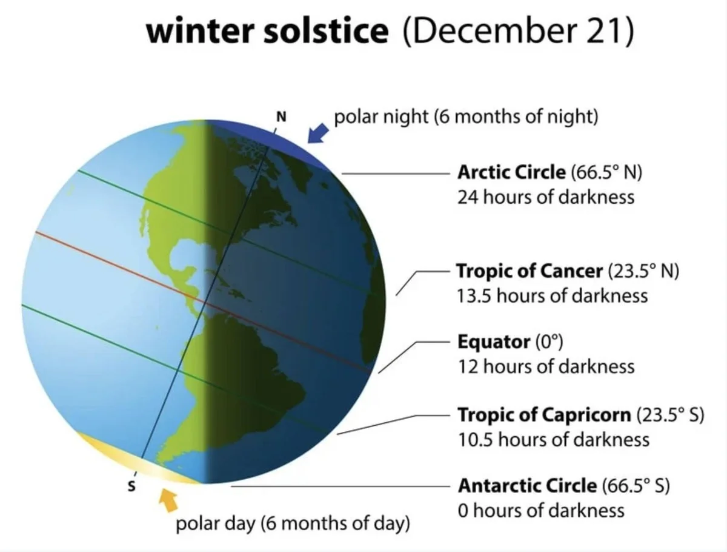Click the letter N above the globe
point(281,116)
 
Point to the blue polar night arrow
point(317,132)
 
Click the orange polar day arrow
point(168,500)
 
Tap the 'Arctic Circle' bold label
point(511,172)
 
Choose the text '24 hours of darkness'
point(546,197)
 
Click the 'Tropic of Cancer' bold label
point(529,271)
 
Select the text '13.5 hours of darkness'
point(552,295)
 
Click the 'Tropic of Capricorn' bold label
point(544,415)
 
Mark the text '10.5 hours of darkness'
point(553,439)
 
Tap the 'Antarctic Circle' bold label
point(527,485)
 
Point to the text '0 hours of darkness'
point(541,510)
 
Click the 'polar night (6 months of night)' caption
point(466,116)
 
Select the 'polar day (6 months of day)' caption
point(293,522)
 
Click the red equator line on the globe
point(121,266)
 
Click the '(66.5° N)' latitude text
point(606,172)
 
